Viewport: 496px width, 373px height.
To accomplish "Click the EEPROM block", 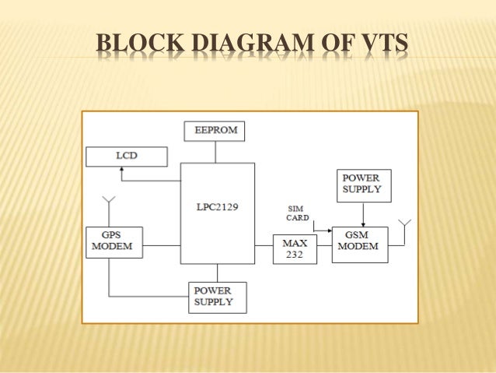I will [215, 131].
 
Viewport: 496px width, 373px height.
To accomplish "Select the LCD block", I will [126, 156].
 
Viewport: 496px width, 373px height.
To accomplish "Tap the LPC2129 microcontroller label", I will [217, 206].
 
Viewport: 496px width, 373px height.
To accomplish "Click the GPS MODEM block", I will [114, 243].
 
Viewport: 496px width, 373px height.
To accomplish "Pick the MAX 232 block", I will [295, 248].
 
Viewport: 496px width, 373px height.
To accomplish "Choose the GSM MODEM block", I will [359, 244].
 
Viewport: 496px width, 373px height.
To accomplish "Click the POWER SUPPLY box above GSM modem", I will [363, 185].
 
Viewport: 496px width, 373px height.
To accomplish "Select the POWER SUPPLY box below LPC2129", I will [217, 297].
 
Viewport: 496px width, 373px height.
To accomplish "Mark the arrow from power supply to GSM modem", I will [363, 215].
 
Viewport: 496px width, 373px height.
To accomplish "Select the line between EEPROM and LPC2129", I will [217, 152].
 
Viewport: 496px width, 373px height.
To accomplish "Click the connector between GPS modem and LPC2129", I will [161, 247].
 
